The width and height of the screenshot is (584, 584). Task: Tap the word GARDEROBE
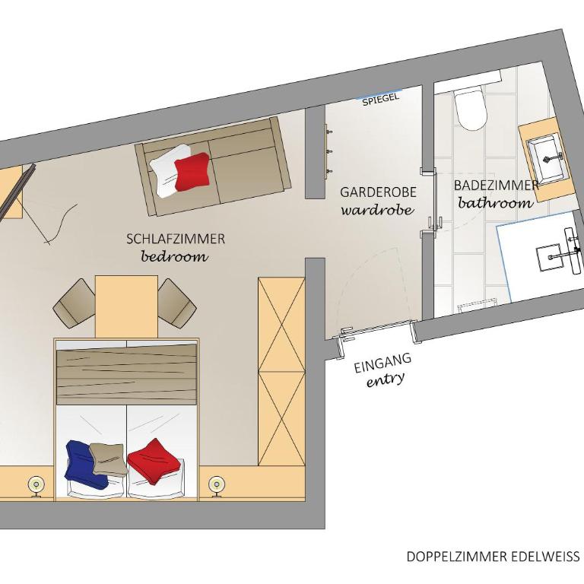tap(378, 192)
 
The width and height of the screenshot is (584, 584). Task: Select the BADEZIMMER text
tap(496, 185)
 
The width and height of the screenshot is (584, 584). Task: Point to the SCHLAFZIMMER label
tap(176, 239)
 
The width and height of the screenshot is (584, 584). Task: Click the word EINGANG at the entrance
tap(382, 363)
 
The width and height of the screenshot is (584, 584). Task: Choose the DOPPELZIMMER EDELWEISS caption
tap(493, 557)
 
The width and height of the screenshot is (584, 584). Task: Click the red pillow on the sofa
tap(192, 171)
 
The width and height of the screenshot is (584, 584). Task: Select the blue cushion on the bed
tap(85, 465)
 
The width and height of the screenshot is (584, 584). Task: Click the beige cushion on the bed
tap(108, 459)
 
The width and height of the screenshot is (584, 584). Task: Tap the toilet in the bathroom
tap(471, 109)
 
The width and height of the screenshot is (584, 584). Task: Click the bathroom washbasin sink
tap(547, 160)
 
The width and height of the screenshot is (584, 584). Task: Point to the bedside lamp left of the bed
tap(36, 486)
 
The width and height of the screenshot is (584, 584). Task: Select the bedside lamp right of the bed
tap(217, 486)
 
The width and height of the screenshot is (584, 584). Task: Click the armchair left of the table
tap(75, 303)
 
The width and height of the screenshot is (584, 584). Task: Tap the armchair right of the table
tap(177, 303)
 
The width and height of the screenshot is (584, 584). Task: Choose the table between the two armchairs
tap(127, 307)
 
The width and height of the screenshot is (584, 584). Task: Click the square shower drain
tap(548, 257)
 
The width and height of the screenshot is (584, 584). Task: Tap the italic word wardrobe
tap(377, 210)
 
